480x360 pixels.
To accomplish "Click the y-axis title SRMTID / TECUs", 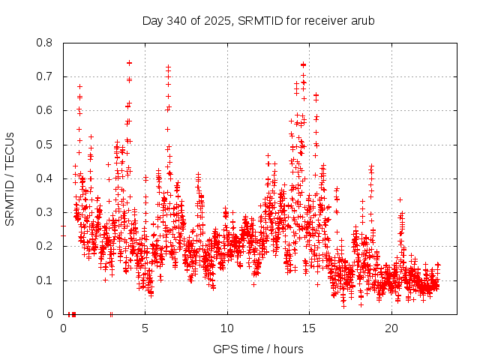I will pos(10,178).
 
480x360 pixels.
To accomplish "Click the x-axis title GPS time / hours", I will pos(258,349).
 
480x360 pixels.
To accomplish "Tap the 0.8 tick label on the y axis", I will pos(46,43).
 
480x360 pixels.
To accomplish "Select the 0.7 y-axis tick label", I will pos(46,76).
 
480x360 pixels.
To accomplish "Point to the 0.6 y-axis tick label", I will pos(46,110).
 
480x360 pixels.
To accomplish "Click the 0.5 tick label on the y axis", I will pos(46,145).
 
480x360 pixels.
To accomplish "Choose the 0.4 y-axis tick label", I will pos(46,178).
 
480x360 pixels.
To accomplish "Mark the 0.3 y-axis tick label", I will pos(46,212).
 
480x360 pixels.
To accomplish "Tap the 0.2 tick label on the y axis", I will pos(46,246).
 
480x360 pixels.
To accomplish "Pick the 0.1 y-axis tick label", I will pos(46,280).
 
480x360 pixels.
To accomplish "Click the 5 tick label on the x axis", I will pos(145,328).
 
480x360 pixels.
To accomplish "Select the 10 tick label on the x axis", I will pos(227,328).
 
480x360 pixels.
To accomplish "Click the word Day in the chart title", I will pos(151,20).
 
